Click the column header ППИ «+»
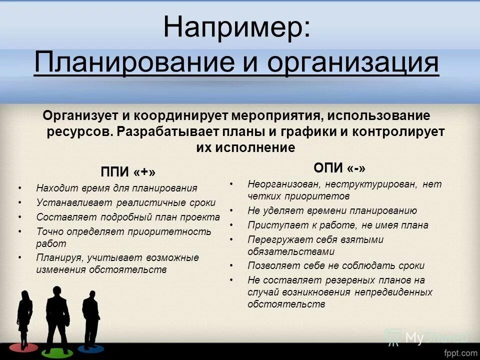click(x=128, y=172)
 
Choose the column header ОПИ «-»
click(x=336, y=167)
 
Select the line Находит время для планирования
click(x=116, y=188)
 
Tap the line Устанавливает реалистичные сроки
click(x=126, y=203)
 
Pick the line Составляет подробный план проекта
click(x=128, y=217)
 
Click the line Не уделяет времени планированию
click(x=332, y=211)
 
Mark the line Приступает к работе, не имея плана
click(x=338, y=225)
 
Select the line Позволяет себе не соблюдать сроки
click(x=336, y=266)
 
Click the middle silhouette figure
click(x=56, y=315)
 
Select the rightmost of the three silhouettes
click(x=90, y=317)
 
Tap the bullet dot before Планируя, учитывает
click(x=19, y=257)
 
